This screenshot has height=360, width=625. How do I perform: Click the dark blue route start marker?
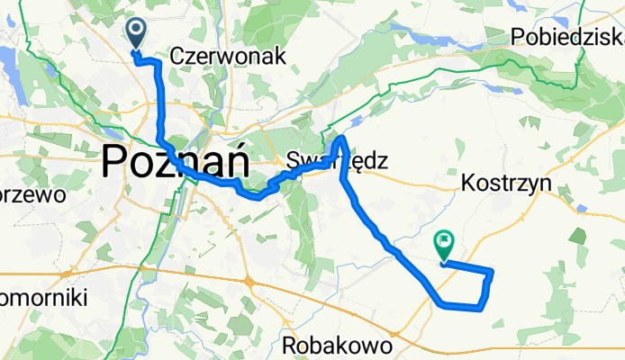(x=137, y=33)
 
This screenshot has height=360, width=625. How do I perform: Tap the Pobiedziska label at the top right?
(x=567, y=36)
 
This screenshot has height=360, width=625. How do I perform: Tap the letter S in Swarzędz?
(x=291, y=162)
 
